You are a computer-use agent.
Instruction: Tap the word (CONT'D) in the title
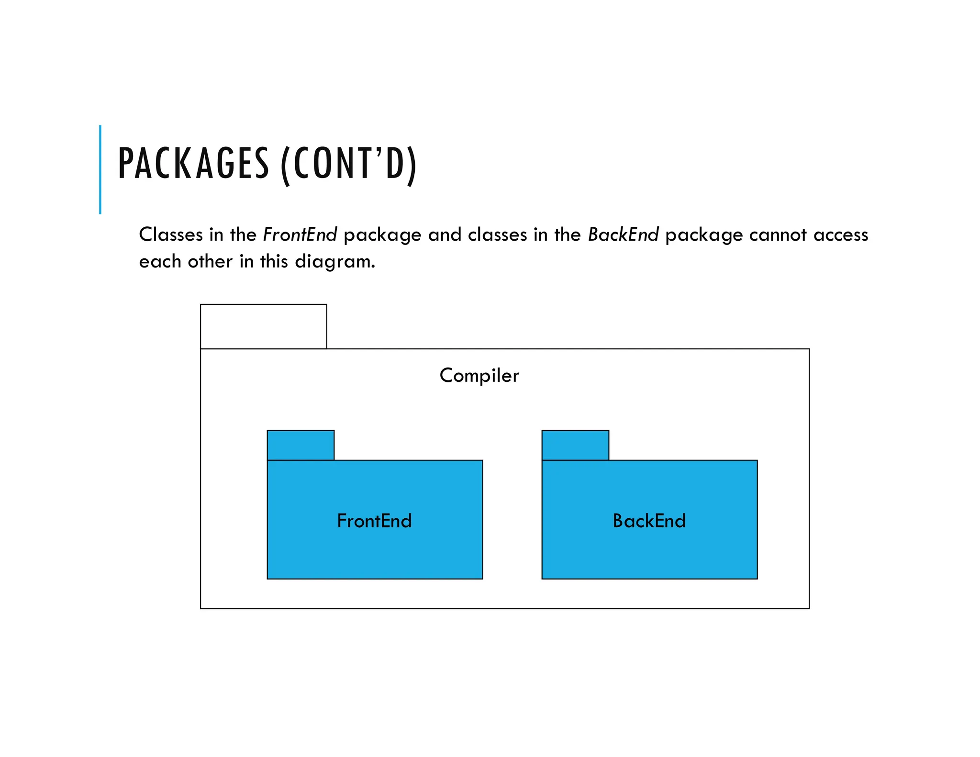point(349,164)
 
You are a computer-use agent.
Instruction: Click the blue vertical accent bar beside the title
point(100,169)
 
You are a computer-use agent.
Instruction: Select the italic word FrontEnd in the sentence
point(300,234)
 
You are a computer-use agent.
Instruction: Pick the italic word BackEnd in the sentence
point(623,234)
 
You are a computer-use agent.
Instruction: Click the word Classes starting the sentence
point(171,234)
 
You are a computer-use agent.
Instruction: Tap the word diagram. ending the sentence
point(335,262)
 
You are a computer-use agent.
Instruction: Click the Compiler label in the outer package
point(479,375)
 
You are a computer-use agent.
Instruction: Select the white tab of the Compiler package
point(264,326)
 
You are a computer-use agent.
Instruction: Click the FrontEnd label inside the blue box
point(374,521)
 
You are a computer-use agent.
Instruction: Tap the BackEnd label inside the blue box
point(649,521)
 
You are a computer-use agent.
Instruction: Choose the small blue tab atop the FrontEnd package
point(301,445)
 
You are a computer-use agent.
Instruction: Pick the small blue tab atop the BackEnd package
point(575,445)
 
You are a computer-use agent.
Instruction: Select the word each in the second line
point(160,262)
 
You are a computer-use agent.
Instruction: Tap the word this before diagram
point(274,262)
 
